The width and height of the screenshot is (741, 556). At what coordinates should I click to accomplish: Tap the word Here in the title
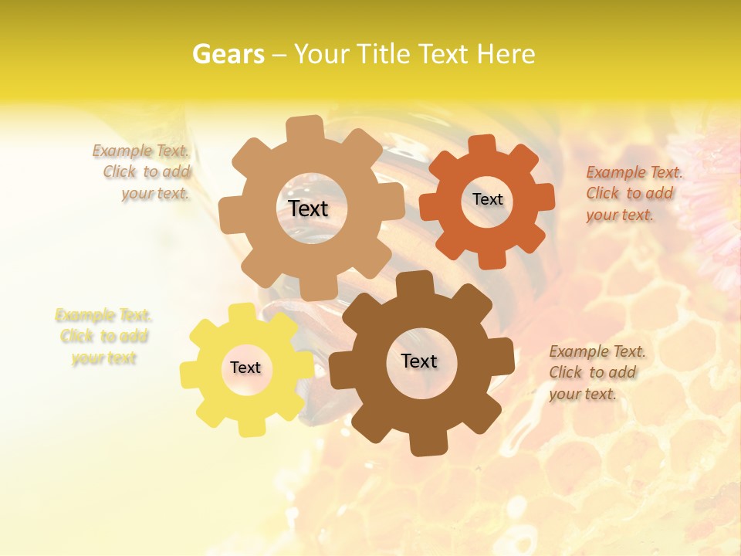pyautogui.click(x=506, y=54)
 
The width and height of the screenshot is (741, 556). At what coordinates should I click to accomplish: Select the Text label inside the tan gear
pyautogui.click(x=308, y=208)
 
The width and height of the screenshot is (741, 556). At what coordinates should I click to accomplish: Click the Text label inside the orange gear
pyautogui.click(x=487, y=199)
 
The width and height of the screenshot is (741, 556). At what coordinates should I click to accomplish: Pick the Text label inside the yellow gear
pyautogui.click(x=245, y=368)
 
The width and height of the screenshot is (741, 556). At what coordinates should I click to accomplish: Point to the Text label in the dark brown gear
pyautogui.click(x=419, y=361)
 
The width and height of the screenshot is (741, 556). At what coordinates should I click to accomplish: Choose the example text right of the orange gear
pyautogui.click(x=633, y=194)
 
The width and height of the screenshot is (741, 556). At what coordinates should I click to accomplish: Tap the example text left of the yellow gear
pyautogui.click(x=103, y=337)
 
